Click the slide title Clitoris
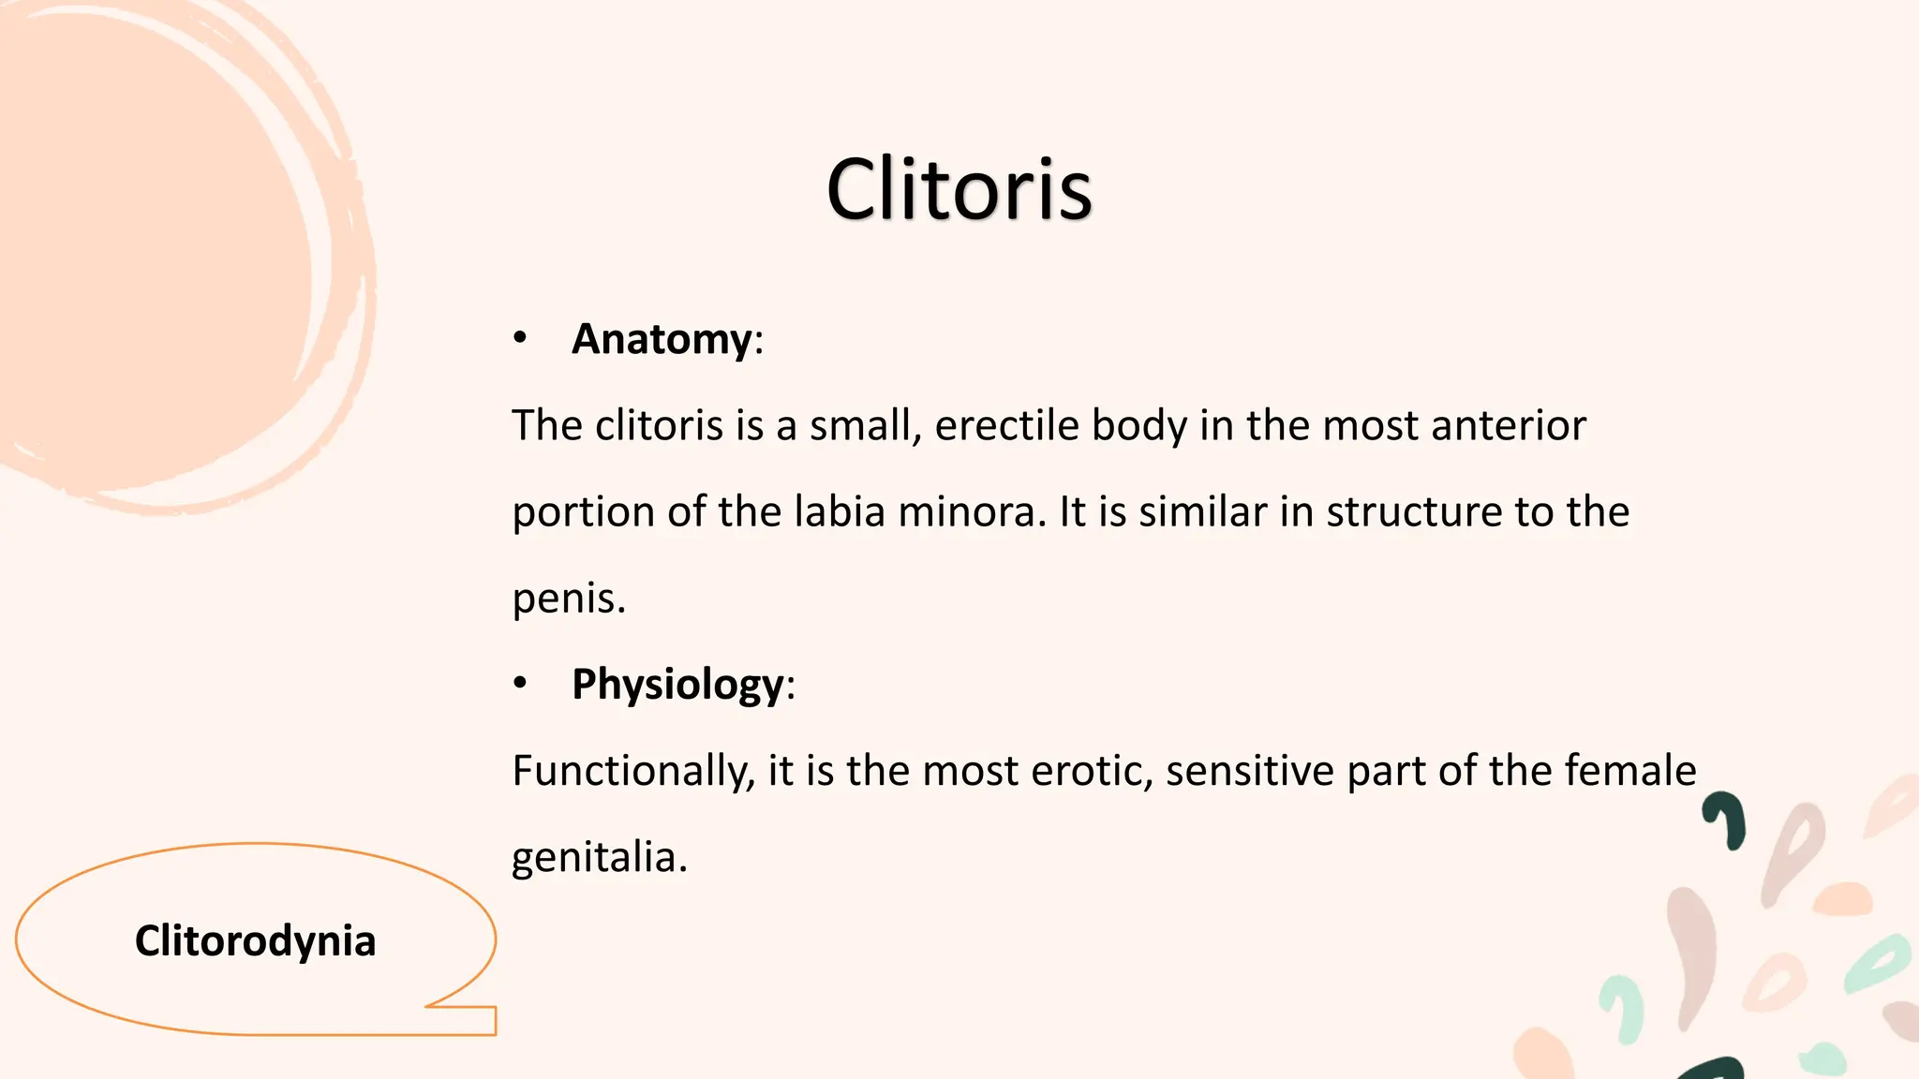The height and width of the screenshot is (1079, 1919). coord(959,189)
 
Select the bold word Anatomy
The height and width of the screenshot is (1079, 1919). coord(662,339)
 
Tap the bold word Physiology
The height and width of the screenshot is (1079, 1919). coord(677,685)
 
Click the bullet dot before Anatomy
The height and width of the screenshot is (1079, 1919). coord(520,338)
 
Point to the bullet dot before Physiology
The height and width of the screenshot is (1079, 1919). coord(520,684)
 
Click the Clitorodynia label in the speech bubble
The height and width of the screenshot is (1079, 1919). coord(255,940)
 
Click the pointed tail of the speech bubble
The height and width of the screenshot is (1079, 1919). coord(469,1016)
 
